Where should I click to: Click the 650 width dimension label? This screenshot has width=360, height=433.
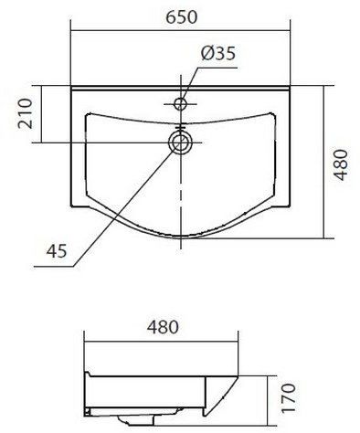point(182,17)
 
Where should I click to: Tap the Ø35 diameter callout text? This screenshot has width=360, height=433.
point(218,54)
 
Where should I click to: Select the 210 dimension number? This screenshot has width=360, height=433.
point(26,113)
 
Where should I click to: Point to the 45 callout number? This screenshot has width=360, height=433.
point(57,251)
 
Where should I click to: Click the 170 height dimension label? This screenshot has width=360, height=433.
point(289,398)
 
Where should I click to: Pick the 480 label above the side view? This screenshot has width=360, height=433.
point(163,327)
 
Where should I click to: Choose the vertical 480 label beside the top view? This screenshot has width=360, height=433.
point(341,164)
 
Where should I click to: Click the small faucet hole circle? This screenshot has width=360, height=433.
point(180,104)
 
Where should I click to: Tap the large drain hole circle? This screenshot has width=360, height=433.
point(181,143)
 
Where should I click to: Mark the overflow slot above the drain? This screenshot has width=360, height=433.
point(181,126)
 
